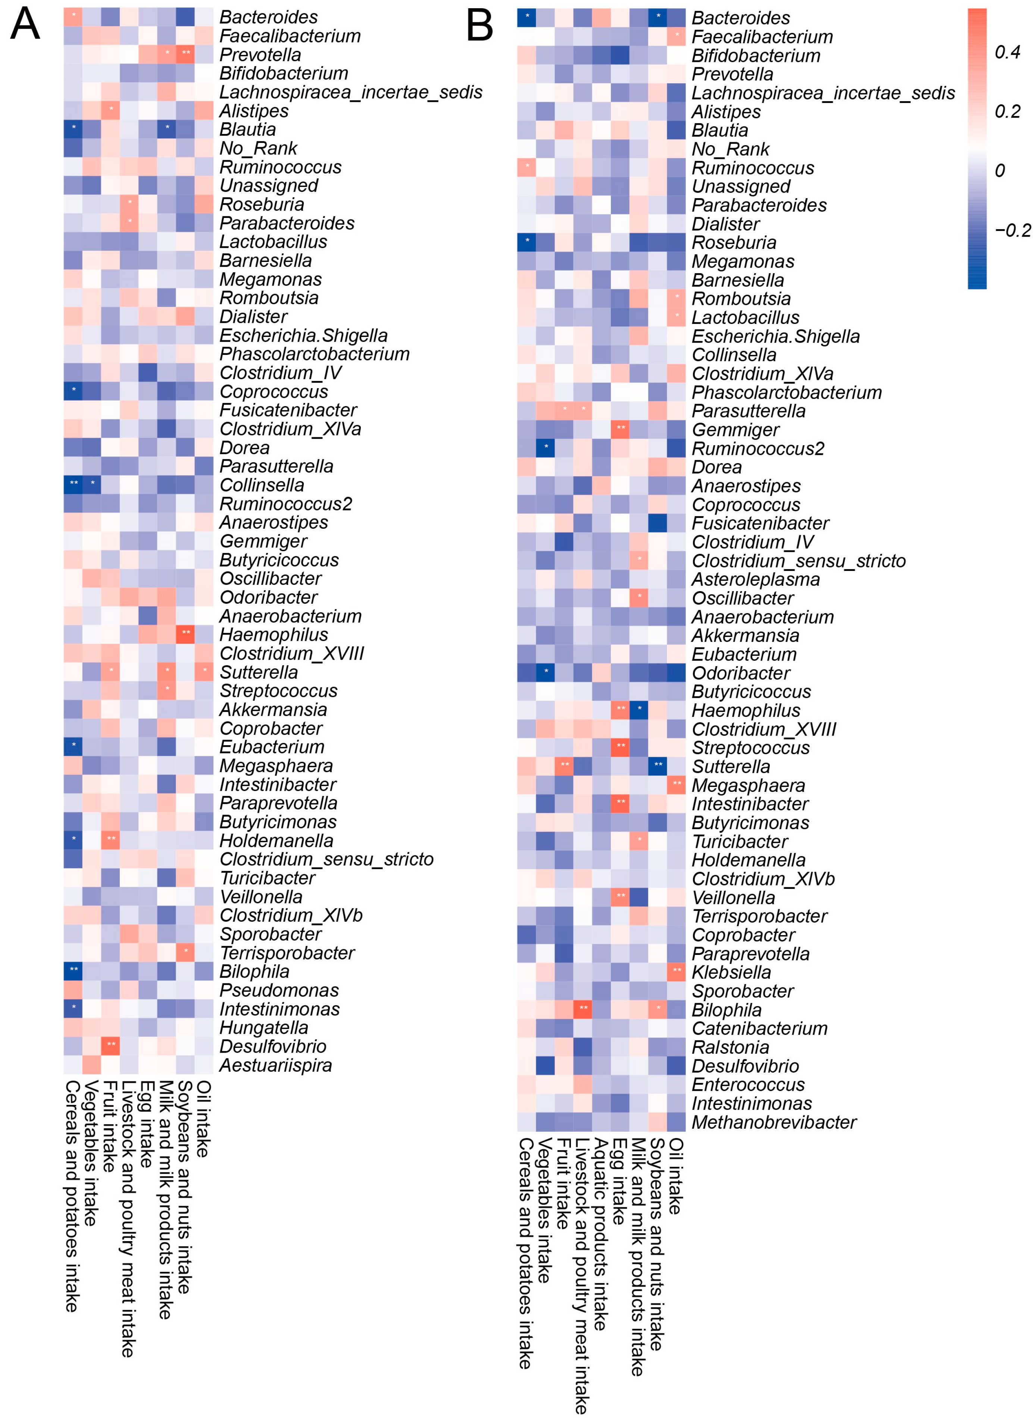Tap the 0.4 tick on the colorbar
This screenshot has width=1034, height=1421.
(x=1008, y=53)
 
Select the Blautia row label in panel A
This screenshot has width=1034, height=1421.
(x=247, y=130)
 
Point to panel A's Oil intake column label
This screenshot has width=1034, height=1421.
(x=204, y=1118)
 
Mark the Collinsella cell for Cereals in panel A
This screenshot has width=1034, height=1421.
(x=73, y=484)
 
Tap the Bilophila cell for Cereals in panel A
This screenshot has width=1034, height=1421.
(x=73, y=971)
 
